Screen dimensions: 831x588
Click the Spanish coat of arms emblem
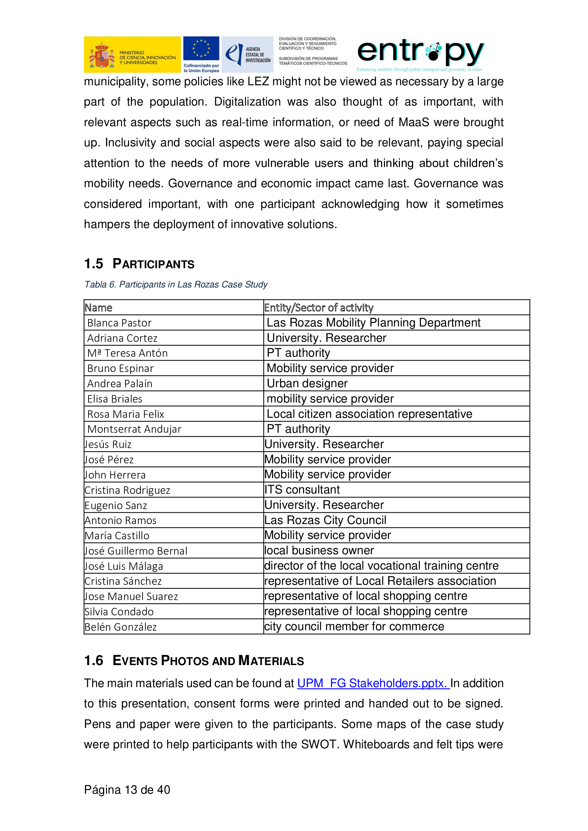coord(102,55)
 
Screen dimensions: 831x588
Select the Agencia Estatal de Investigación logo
coord(247,54)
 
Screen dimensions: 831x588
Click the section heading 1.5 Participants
coord(139,264)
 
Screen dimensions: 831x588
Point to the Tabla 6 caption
coord(176,285)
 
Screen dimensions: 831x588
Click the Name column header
coord(98,308)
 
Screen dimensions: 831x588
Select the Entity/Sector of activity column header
coord(319,308)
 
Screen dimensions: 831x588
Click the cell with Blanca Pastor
coord(119,323)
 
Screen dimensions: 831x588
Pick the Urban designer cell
coord(307,383)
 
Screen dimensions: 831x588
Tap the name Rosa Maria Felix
coord(125,414)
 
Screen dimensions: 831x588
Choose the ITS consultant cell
coord(302,490)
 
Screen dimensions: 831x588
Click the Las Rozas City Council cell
coord(325,520)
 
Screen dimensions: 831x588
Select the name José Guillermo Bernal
coord(136,551)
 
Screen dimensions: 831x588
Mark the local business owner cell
coord(319,550)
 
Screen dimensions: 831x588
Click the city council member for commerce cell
coord(354,626)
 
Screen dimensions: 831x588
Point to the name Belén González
coord(121,627)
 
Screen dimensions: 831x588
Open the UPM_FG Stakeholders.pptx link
coord(373,683)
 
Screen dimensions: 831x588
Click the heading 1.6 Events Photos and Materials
coord(194,661)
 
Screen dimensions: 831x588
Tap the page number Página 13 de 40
coord(127,790)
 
